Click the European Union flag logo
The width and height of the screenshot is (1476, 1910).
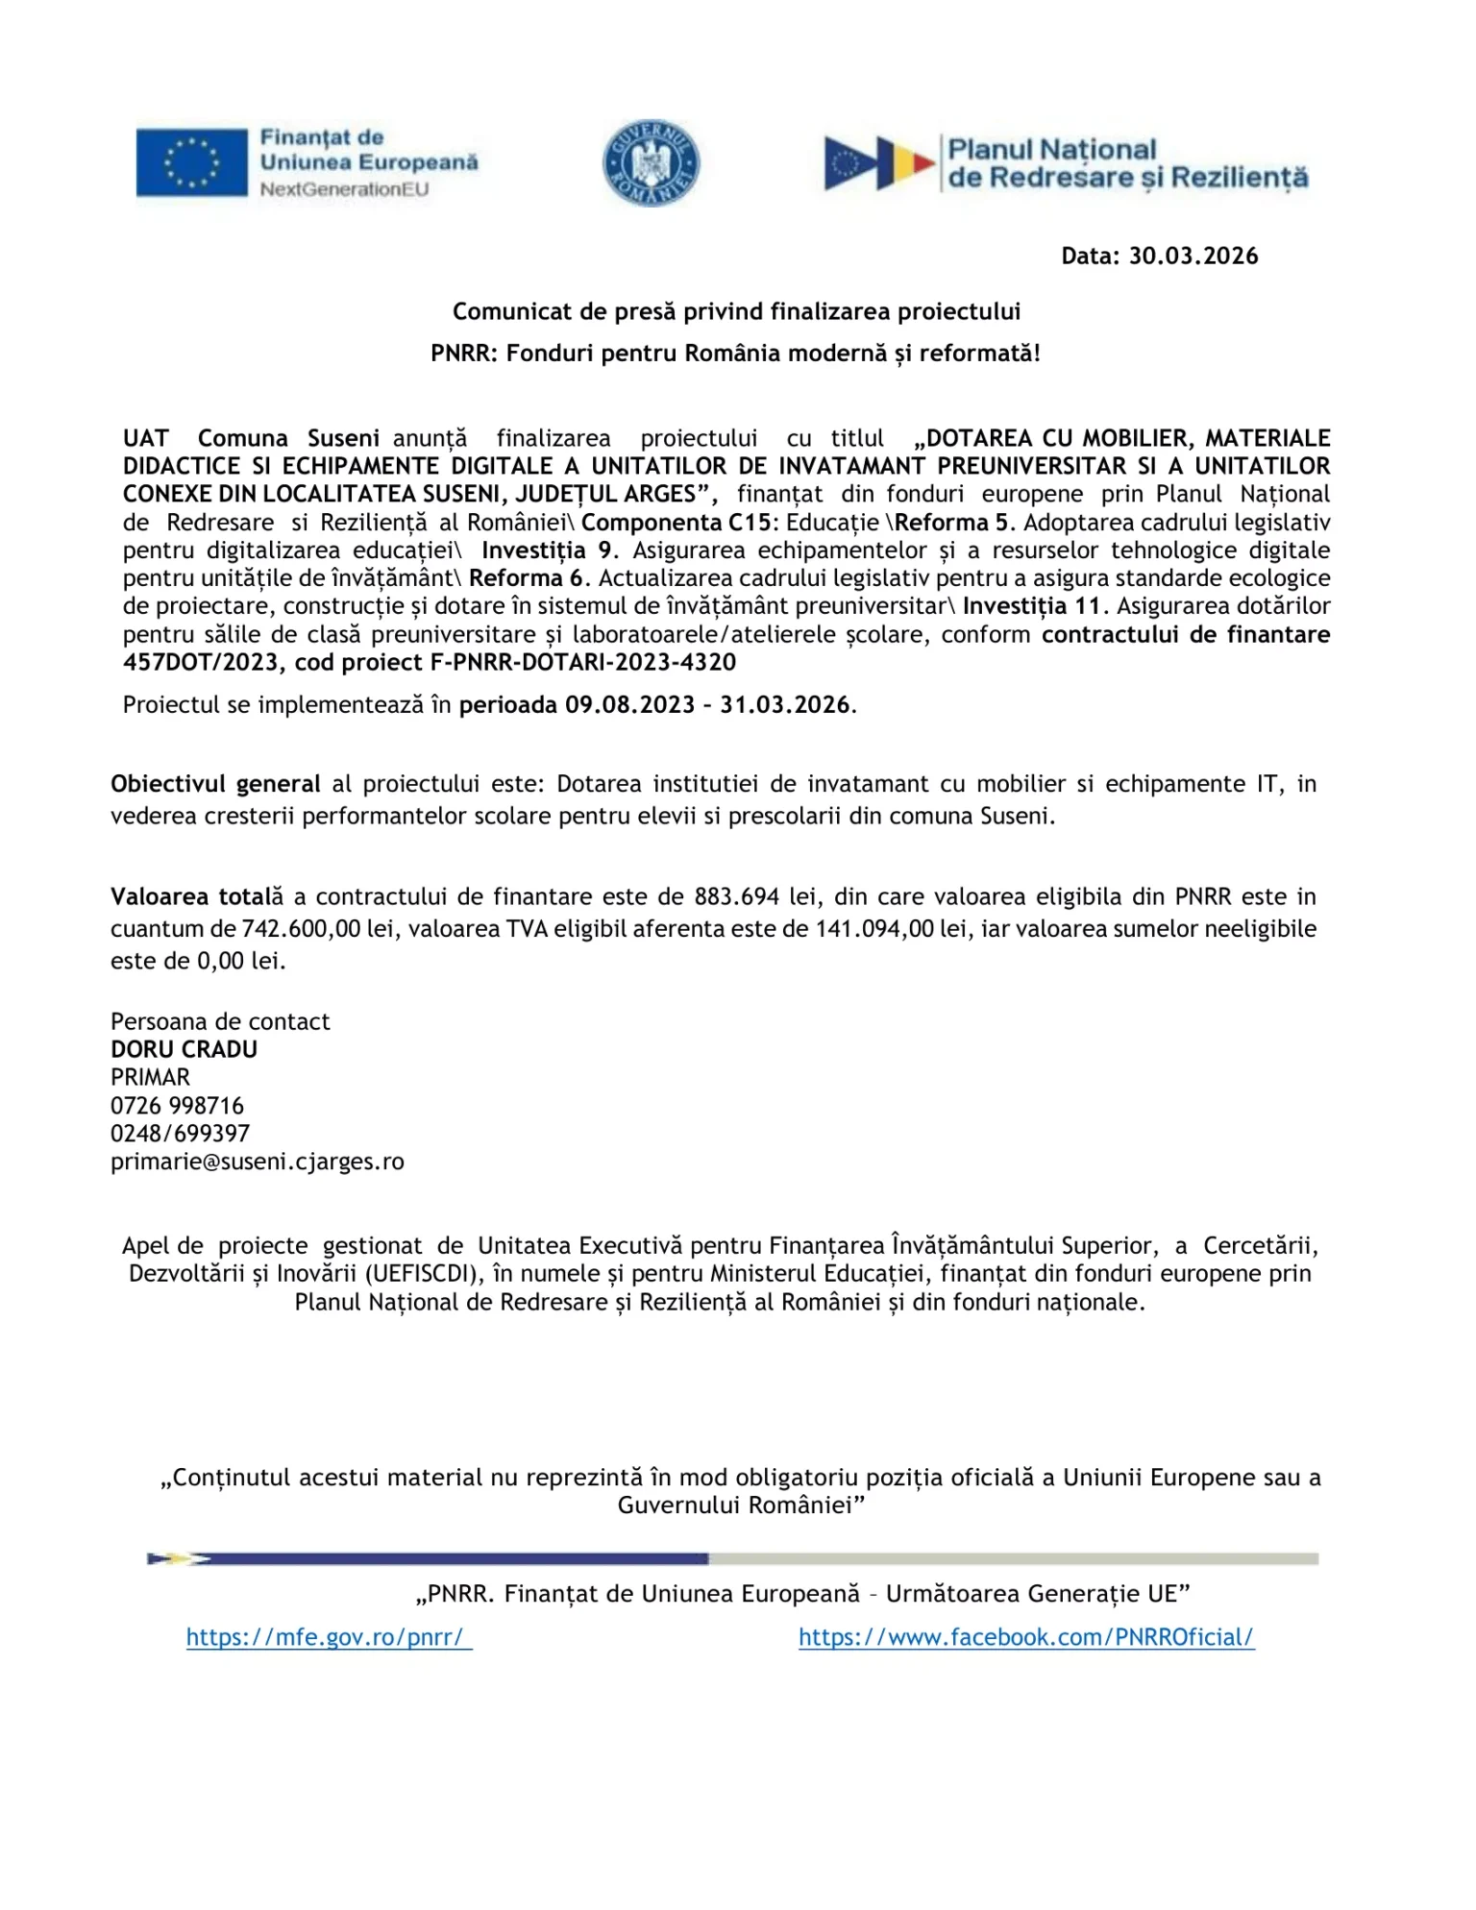pos(191,163)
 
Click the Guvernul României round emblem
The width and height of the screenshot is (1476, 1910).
pos(651,163)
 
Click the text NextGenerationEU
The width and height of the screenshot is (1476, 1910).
pos(344,190)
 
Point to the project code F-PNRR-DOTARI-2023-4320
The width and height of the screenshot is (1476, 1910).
pos(583,663)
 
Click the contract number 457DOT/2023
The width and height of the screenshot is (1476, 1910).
pos(202,663)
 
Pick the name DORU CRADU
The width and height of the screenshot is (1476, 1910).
pos(184,1050)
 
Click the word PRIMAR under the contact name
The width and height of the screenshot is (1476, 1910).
pos(150,1078)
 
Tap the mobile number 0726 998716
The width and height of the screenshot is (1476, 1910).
pos(177,1107)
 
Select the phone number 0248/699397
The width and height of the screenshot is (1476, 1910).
pos(180,1135)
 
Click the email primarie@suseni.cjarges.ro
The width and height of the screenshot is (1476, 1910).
pos(257,1163)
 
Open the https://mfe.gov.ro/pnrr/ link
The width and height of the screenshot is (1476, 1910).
pos(329,1638)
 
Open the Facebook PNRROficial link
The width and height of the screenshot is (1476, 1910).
pos(1025,1638)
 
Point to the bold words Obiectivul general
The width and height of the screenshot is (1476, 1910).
pos(215,785)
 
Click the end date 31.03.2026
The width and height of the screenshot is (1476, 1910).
pos(785,705)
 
